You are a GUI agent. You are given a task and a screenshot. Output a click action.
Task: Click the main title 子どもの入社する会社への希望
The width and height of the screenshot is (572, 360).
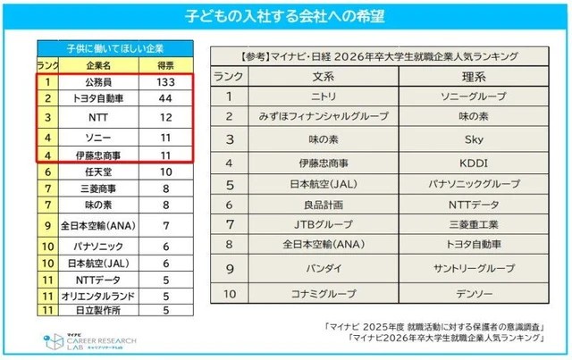[x=286, y=17]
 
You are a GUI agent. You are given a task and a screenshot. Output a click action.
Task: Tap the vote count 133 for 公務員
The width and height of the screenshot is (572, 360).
[x=165, y=81]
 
